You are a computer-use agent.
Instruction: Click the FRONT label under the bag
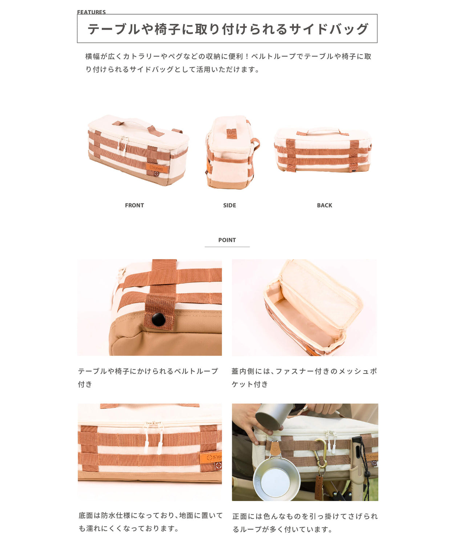[x=134, y=205]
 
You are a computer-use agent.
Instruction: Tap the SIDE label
[x=230, y=205]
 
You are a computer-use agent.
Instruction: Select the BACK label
[x=324, y=205]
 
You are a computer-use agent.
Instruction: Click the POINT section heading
[x=227, y=240]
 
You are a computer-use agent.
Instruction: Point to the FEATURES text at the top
[x=91, y=12]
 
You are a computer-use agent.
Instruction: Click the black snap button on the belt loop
[x=158, y=319]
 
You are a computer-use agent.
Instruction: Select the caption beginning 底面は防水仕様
[x=150, y=522]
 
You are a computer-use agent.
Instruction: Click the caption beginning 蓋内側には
[x=304, y=377]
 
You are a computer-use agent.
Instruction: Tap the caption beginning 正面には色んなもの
[x=305, y=523]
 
